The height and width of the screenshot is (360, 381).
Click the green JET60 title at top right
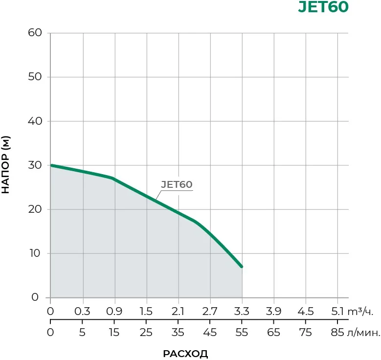[323, 8]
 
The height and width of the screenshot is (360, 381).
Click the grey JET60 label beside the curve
[177, 185]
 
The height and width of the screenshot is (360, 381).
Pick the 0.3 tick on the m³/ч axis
[83, 312]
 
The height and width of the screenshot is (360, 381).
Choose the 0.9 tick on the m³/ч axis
[114, 312]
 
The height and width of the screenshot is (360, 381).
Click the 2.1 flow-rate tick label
[178, 312]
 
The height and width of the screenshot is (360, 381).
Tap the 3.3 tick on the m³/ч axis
[242, 312]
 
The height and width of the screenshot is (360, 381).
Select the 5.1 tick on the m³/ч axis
[337, 312]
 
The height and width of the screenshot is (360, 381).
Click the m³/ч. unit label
[364, 312]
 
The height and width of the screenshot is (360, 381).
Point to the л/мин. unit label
[364, 333]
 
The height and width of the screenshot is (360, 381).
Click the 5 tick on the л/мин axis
[83, 333]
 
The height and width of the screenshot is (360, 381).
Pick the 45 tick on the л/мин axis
[210, 333]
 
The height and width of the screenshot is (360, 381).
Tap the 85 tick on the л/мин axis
[337, 333]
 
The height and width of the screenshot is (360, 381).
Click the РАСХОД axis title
[185, 354]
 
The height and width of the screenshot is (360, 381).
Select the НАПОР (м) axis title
[6, 165]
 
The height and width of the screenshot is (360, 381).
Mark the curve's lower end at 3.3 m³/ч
[242, 267]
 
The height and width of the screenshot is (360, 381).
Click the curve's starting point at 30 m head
[51, 165]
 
